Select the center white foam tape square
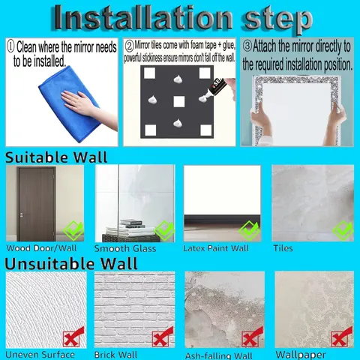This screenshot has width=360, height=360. tap(179, 102)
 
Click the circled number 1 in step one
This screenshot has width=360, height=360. tap(10, 46)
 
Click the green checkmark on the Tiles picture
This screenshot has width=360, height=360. tap(343, 230)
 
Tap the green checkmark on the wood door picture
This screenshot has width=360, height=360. tap(73, 230)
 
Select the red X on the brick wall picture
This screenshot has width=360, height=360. tap(163, 337)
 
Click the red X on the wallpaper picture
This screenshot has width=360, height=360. tap(341, 337)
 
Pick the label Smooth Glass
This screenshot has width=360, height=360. tap(125, 248)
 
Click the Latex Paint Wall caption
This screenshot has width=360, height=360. tap(216, 248)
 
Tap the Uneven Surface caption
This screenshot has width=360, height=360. tap(40, 355)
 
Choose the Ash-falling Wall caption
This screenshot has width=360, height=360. tap(219, 355)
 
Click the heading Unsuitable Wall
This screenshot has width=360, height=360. tap(71, 263)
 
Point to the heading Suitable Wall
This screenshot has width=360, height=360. tap(56, 157)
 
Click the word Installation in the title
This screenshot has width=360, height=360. tap(143, 18)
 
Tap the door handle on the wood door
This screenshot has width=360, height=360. tap(22, 214)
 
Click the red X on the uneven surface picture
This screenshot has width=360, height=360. tap(73, 337)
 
